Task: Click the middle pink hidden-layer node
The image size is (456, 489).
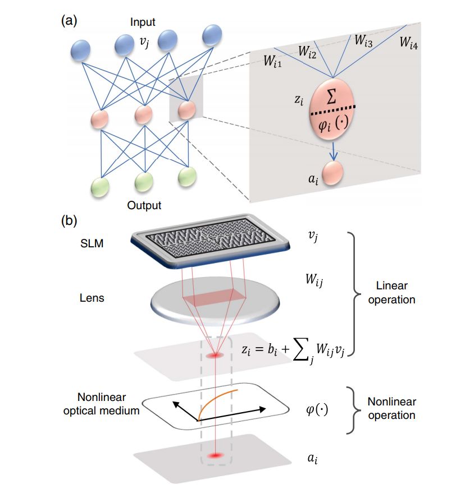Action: pos(144,114)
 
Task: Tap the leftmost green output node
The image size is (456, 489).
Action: pos(101,183)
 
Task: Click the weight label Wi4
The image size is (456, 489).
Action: pos(408,41)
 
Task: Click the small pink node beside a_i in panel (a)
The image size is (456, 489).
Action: pos(335,171)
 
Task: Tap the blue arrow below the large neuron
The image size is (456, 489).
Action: pos(334,148)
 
